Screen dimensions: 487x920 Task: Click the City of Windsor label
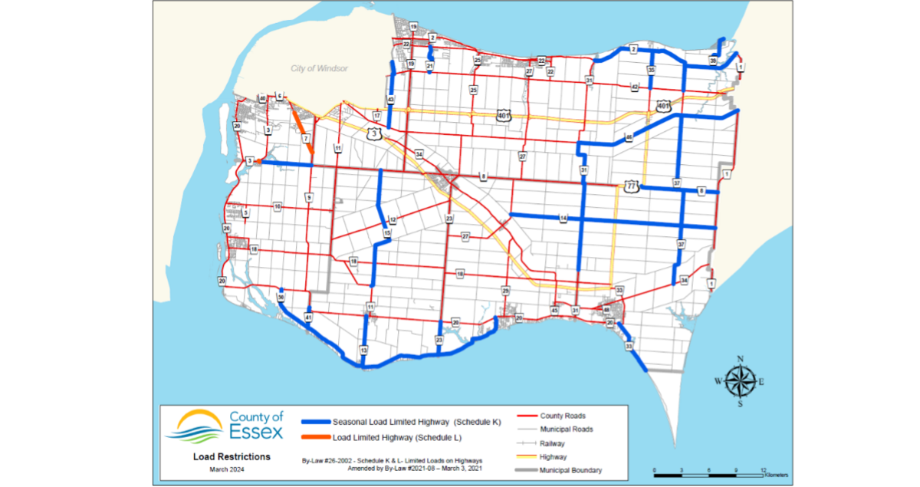click(319, 68)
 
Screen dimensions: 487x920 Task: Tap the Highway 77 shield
click(631, 186)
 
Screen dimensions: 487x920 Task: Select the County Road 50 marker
click(281, 297)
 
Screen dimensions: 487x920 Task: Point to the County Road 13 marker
click(363, 350)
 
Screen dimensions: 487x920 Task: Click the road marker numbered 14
click(563, 219)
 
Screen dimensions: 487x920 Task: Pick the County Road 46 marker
click(629, 137)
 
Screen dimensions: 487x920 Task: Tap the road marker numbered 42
click(635, 88)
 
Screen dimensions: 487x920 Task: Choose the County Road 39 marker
click(713, 61)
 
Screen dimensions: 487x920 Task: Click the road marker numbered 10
click(278, 207)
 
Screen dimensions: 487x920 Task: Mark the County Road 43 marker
click(391, 100)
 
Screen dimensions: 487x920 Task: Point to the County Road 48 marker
click(606, 311)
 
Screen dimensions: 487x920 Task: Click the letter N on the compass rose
click(740, 359)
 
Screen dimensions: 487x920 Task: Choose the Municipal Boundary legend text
click(570, 469)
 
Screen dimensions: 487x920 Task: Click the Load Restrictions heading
click(232, 456)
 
